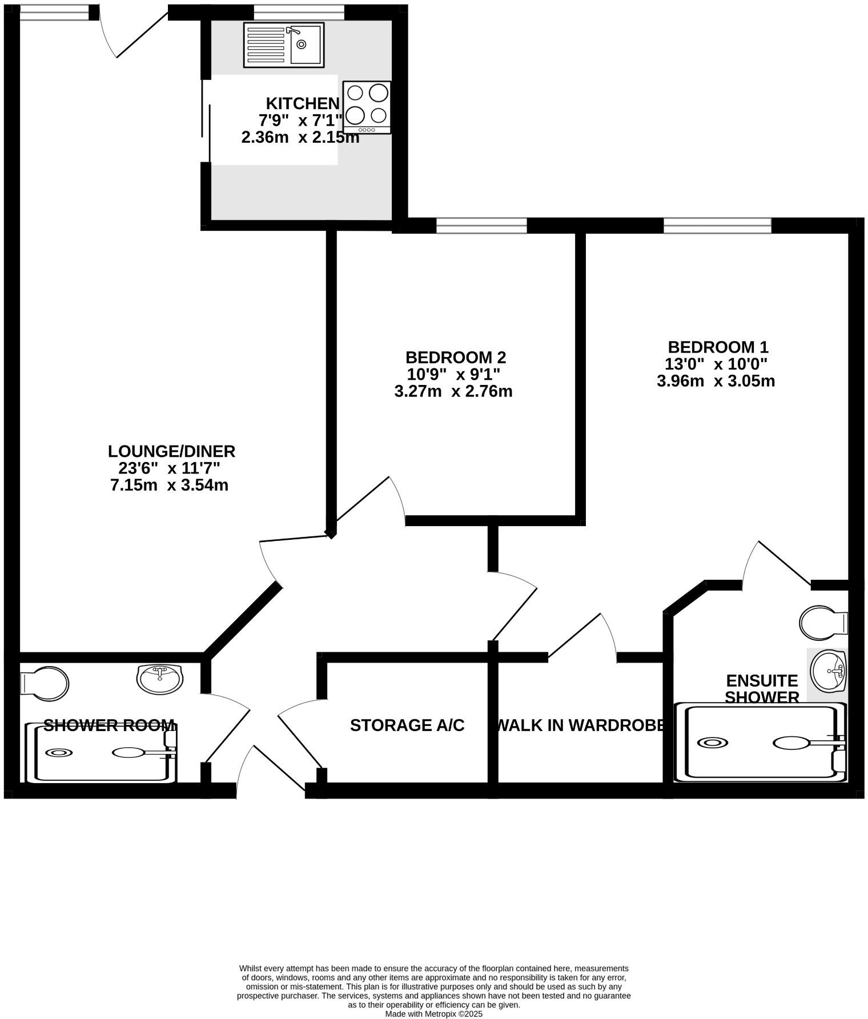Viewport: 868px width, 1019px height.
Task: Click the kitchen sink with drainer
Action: (x=284, y=45)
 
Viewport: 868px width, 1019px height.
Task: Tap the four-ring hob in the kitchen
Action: (x=367, y=107)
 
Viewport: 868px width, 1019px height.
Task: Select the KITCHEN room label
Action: (x=303, y=104)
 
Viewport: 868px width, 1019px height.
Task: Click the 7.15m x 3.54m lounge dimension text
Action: (x=169, y=486)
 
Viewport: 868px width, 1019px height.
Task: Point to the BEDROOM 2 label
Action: (x=455, y=358)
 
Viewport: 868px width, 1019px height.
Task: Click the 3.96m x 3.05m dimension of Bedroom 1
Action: (x=716, y=381)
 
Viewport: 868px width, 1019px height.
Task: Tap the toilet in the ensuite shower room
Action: (x=822, y=622)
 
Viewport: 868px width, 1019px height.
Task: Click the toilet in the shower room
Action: (x=46, y=683)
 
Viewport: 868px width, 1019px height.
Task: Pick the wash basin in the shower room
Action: (x=160, y=677)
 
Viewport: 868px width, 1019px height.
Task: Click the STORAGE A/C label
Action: (x=407, y=725)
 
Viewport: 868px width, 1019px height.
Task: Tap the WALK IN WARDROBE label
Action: (x=579, y=725)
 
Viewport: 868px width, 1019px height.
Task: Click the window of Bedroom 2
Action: (x=481, y=226)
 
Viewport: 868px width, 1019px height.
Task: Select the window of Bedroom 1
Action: (x=717, y=226)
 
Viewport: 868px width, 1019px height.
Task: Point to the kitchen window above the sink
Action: (x=299, y=13)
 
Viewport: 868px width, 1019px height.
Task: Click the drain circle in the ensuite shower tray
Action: (x=712, y=743)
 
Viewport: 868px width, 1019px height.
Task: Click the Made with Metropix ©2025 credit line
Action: (x=433, y=1014)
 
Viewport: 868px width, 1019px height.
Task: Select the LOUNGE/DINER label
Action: (x=171, y=451)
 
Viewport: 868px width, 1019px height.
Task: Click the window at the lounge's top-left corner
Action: (x=54, y=13)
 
